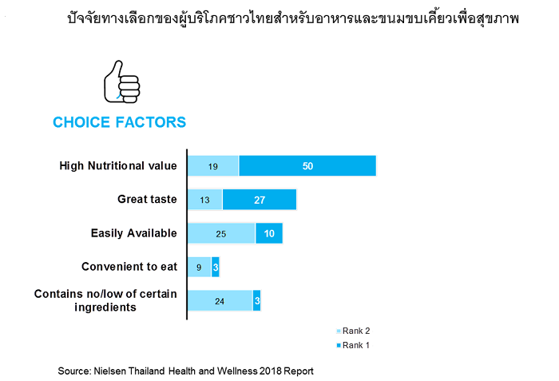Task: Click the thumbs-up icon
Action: tap(121, 82)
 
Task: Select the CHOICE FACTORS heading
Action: tap(120, 122)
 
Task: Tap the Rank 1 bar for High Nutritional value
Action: tap(307, 166)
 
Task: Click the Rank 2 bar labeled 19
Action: tap(213, 166)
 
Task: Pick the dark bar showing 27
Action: tap(260, 200)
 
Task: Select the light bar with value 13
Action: tap(205, 200)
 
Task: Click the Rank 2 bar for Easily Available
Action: tap(221, 233)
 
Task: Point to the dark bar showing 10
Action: tap(269, 233)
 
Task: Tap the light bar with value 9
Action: tap(200, 267)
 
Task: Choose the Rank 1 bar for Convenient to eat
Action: tap(216, 267)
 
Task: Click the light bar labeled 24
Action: tap(220, 301)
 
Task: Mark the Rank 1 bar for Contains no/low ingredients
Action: tap(256, 301)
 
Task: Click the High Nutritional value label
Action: tap(118, 166)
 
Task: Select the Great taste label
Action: tap(147, 199)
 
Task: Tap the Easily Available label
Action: tap(133, 233)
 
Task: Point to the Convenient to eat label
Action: tap(129, 267)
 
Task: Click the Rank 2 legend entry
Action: tap(353, 331)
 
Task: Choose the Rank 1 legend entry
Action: tap(353, 345)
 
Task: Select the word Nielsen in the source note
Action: tap(110, 371)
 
